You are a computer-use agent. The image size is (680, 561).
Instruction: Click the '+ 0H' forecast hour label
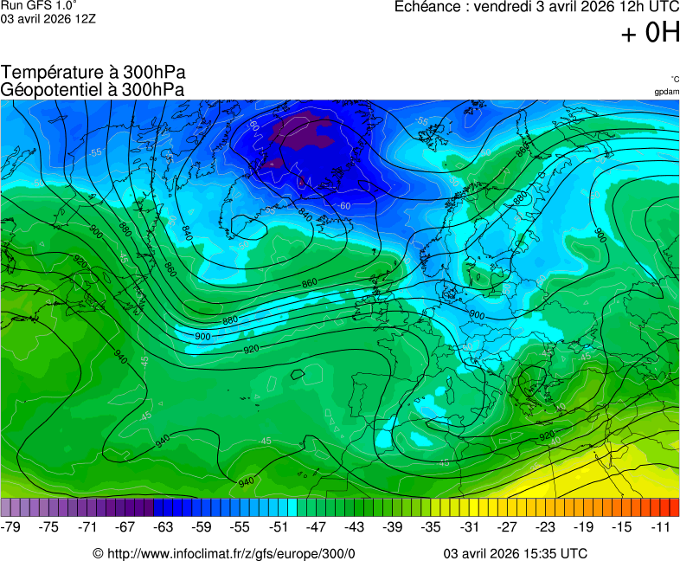[651, 33]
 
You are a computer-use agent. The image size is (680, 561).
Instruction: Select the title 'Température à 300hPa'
[93, 73]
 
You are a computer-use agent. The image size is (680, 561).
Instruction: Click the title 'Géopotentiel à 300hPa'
[93, 89]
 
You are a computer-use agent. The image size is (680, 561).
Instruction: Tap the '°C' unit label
[674, 80]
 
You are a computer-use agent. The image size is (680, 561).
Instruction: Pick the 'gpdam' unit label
[666, 92]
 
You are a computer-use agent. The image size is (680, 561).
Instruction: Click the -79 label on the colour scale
[11, 526]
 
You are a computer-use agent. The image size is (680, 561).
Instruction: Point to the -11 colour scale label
[661, 526]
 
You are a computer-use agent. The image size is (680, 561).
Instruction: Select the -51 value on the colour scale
[279, 526]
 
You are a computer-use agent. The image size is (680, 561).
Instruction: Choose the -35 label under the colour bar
[431, 526]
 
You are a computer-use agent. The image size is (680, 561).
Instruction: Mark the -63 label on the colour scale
[164, 526]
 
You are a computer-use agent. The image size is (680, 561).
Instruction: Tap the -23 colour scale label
[545, 526]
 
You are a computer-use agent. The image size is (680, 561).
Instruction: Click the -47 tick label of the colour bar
[317, 526]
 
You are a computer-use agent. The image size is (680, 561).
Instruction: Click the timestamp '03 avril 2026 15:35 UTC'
[516, 553]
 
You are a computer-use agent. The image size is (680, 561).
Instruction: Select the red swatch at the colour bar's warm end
[674, 507]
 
